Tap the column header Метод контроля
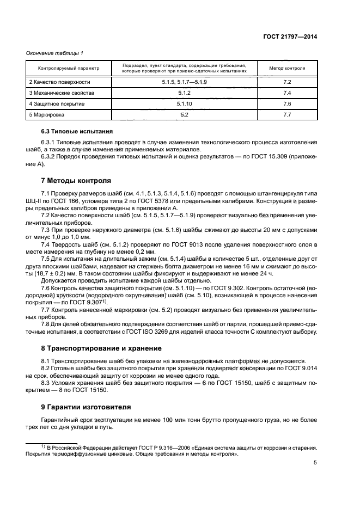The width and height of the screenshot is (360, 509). (288, 69)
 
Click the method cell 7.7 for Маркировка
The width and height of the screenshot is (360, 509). (288, 115)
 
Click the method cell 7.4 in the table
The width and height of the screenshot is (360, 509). (288, 93)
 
